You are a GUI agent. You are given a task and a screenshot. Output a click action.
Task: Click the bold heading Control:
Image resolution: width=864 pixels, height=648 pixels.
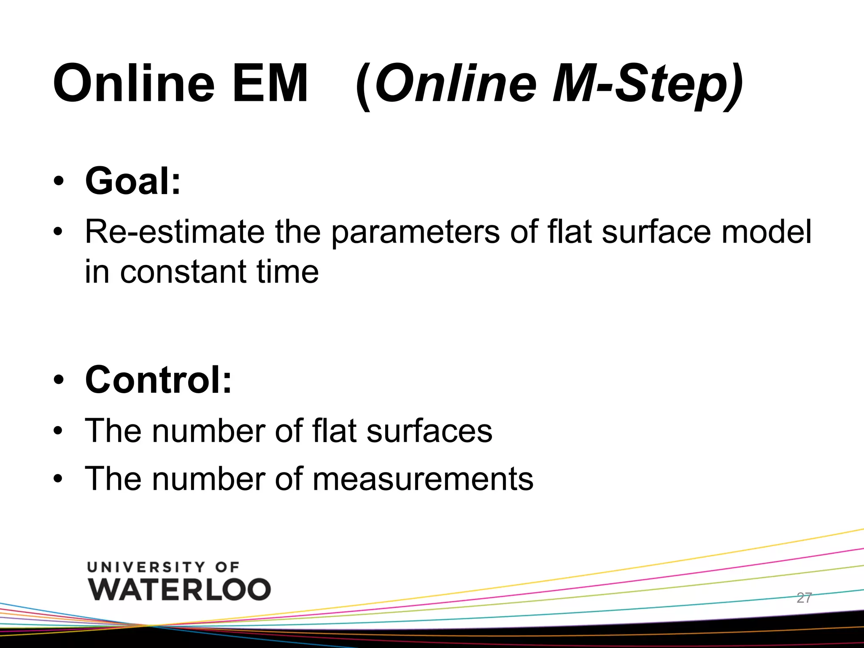(x=158, y=380)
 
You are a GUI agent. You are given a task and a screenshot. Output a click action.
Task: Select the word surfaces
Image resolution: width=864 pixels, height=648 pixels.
(x=429, y=431)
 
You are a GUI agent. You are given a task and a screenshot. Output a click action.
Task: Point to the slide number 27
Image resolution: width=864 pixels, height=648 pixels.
(x=804, y=598)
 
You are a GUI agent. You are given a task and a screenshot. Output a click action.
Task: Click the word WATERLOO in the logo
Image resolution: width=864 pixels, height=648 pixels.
(x=180, y=589)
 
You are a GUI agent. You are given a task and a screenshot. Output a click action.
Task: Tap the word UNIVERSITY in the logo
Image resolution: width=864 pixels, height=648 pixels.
(x=146, y=567)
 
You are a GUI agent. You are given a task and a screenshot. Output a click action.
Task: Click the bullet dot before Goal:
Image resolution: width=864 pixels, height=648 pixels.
(x=59, y=181)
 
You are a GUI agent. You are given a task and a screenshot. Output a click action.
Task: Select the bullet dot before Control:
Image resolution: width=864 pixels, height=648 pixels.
(x=59, y=380)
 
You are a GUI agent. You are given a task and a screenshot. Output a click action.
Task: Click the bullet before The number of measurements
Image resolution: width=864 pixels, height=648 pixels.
(x=59, y=479)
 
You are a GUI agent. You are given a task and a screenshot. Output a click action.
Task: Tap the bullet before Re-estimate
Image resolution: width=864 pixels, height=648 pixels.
(x=59, y=232)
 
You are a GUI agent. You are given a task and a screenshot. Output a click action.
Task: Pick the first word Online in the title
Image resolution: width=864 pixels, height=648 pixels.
(x=134, y=83)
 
